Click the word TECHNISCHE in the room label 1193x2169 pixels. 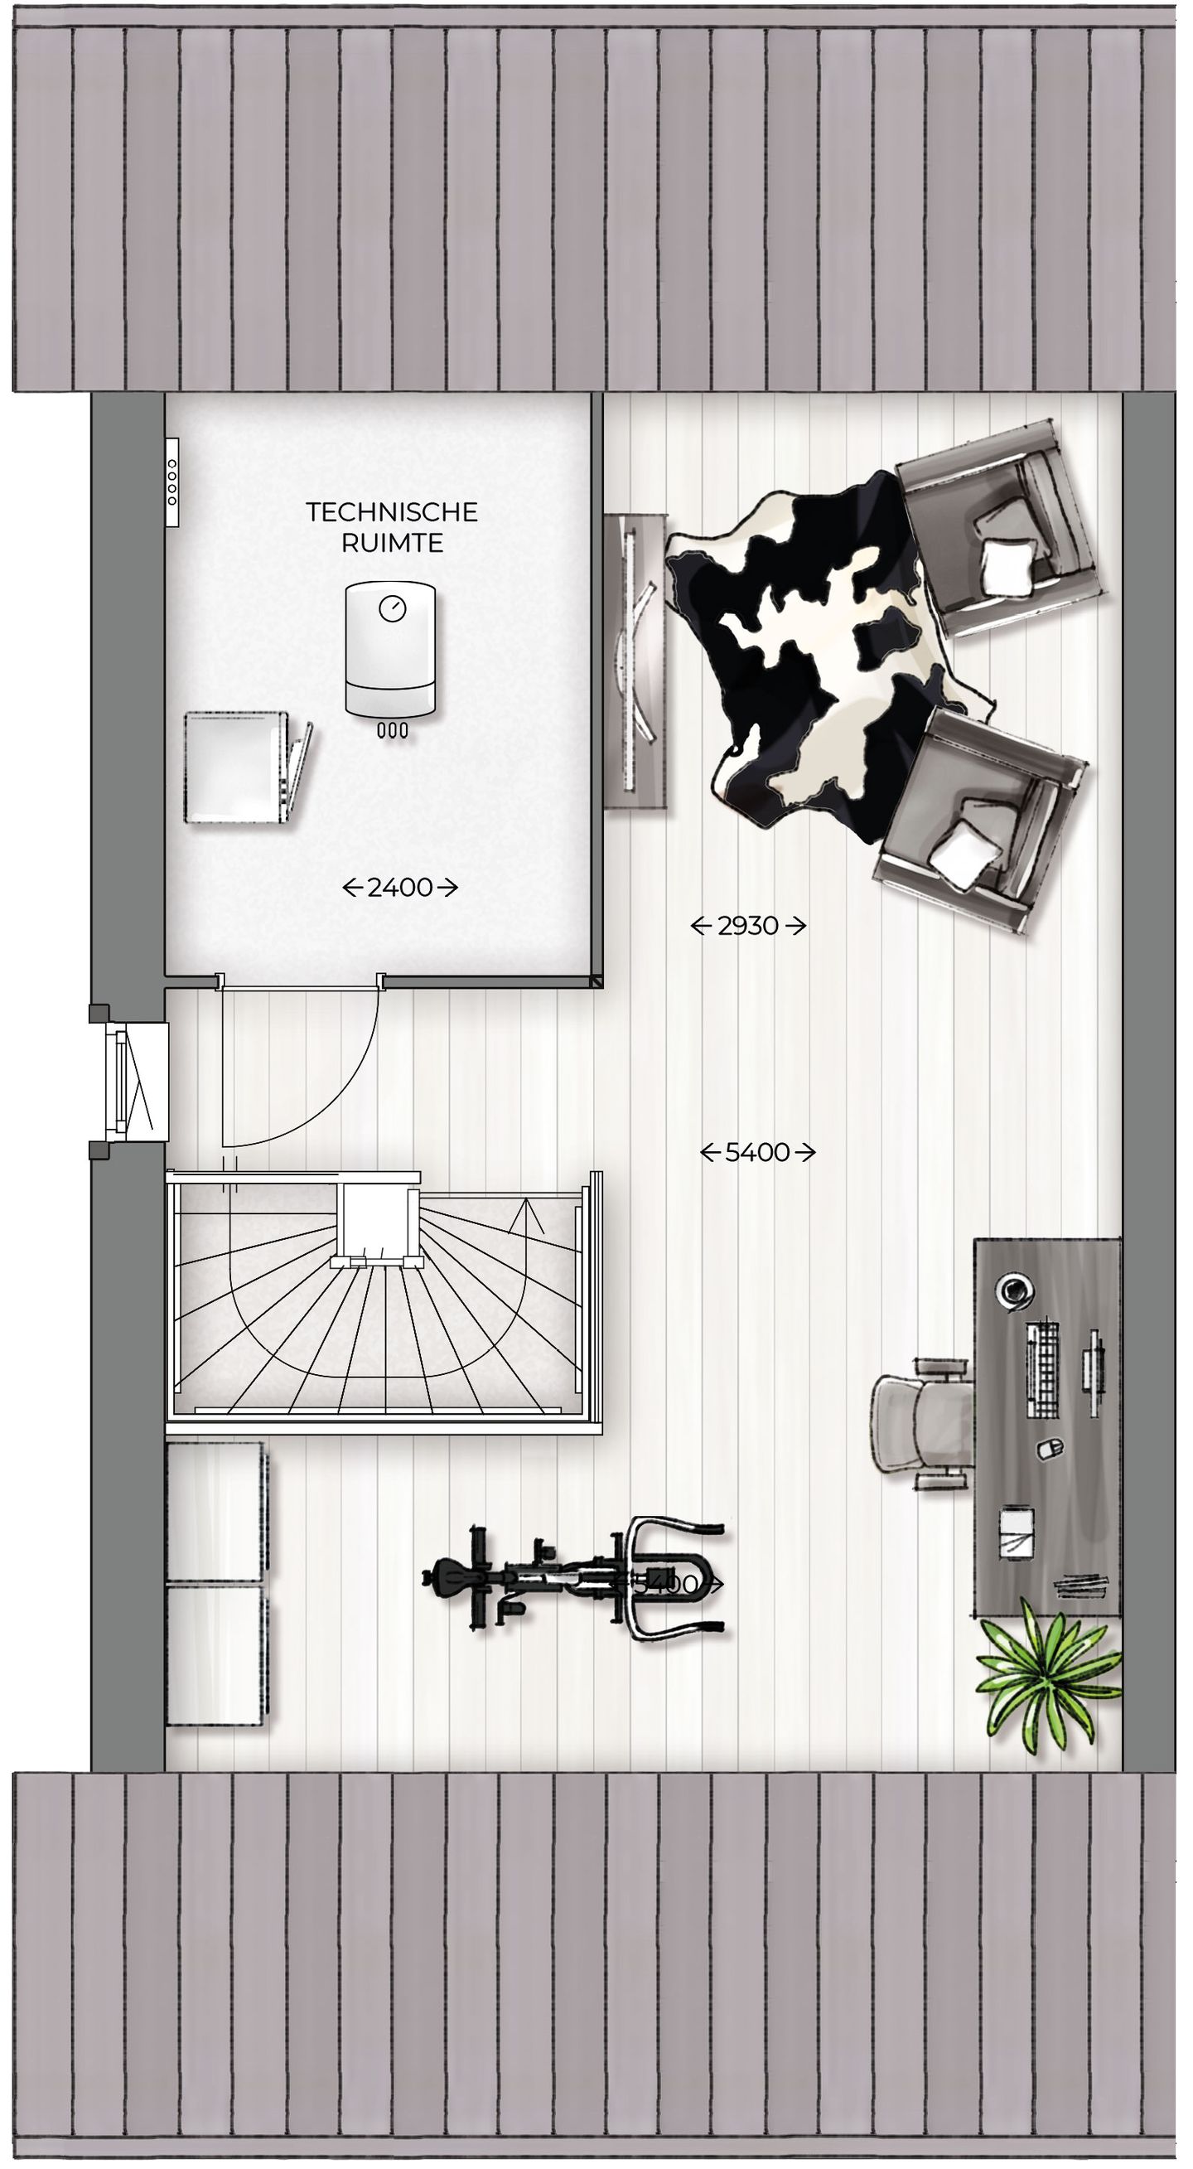[392, 512]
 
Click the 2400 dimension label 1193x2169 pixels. [400, 888]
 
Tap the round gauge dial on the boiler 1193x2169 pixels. [392, 608]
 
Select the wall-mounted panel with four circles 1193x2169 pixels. [171, 482]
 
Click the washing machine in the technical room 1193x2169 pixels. [238, 768]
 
